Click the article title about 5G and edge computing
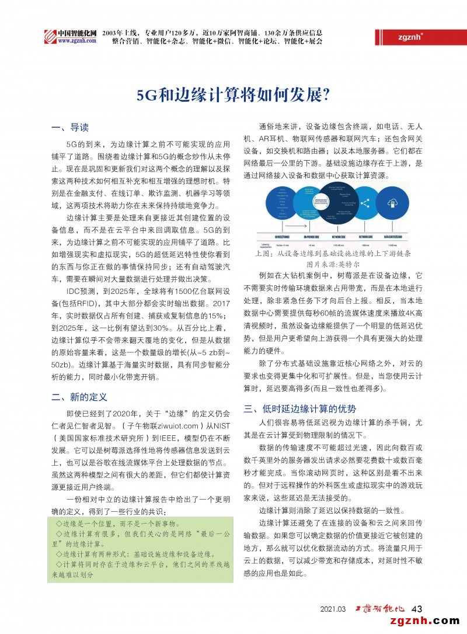pos(233,95)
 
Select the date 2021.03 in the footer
pos(333,609)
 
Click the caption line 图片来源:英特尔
pos(333,264)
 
